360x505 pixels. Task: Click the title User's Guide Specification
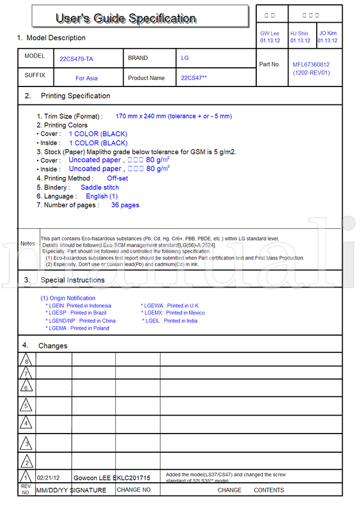point(125,18)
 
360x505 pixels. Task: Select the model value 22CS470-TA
point(76,59)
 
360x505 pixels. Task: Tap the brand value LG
point(185,58)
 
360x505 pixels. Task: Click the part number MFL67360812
point(311,64)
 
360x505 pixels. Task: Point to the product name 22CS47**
point(194,78)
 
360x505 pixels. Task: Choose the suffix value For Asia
point(86,78)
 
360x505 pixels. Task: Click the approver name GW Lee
point(269,34)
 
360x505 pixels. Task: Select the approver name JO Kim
point(328,34)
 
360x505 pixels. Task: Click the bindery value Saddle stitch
point(100,187)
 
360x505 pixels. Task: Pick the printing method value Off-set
point(117,178)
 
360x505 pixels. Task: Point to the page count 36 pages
point(125,205)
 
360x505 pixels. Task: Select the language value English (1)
point(101,196)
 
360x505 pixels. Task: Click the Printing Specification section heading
point(75,96)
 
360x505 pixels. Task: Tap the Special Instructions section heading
point(72,280)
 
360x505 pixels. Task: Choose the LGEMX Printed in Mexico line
point(173,313)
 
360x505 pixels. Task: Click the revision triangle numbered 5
point(26,406)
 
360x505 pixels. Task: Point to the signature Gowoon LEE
point(92,478)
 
